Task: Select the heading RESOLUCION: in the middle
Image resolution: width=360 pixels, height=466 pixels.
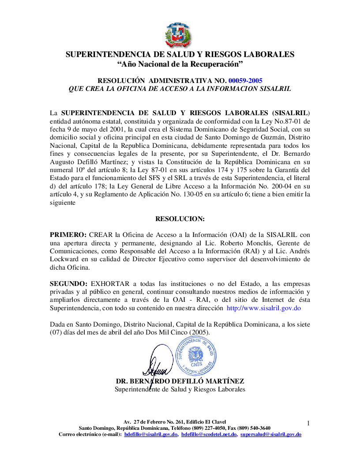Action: (x=180, y=218)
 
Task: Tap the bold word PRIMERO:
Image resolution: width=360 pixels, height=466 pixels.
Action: (x=68, y=234)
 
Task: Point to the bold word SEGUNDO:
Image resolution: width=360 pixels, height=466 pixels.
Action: (x=68, y=283)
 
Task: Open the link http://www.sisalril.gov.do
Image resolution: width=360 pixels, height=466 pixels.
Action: (x=264, y=308)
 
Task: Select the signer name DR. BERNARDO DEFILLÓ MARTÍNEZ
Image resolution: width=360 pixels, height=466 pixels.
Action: (x=180, y=381)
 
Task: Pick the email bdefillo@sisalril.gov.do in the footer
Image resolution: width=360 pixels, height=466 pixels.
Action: (x=151, y=435)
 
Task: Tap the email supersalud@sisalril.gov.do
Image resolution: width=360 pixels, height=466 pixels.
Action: (x=271, y=435)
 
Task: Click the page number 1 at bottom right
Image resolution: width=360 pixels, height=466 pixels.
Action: (x=308, y=424)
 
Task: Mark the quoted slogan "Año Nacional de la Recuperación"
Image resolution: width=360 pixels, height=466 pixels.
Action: (x=180, y=64)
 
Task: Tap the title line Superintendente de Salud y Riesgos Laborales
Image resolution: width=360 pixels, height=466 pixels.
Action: (x=180, y=389)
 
